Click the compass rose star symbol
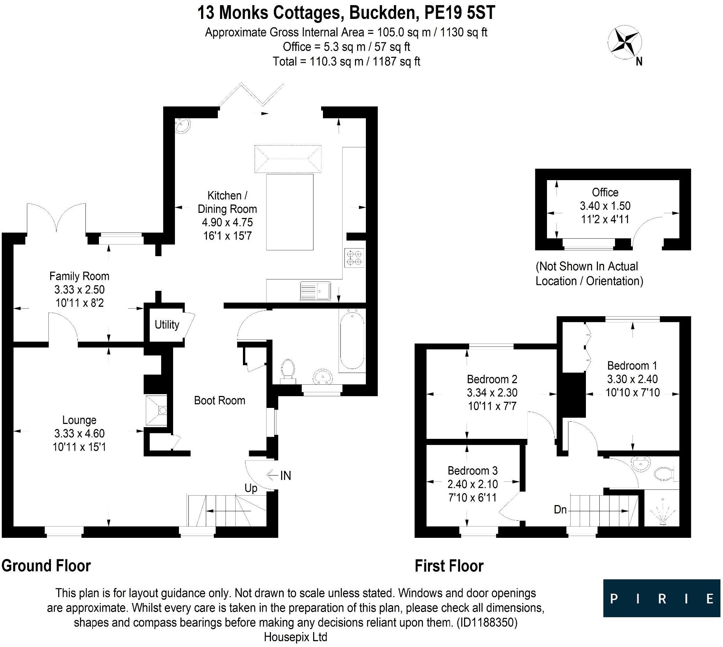tap(624, 42)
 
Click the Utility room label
tap(167, 324)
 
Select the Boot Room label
tap(219, 400)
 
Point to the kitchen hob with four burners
tap(354, 258)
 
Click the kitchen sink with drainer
tap(315, 291)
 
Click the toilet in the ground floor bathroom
tap(288, 370)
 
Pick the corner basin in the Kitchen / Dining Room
tap(182, 126)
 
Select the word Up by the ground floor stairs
tap(251, 488)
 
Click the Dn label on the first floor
tap(560, 509)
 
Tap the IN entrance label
tap(285, 475)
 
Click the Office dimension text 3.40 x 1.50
tap(605, 206)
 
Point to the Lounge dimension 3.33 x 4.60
tap(79, 433)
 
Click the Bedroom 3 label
tap(472, 471)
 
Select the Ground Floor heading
tap(46, 566)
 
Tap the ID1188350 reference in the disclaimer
tap(487, 622)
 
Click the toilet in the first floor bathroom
tap(664, 473)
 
